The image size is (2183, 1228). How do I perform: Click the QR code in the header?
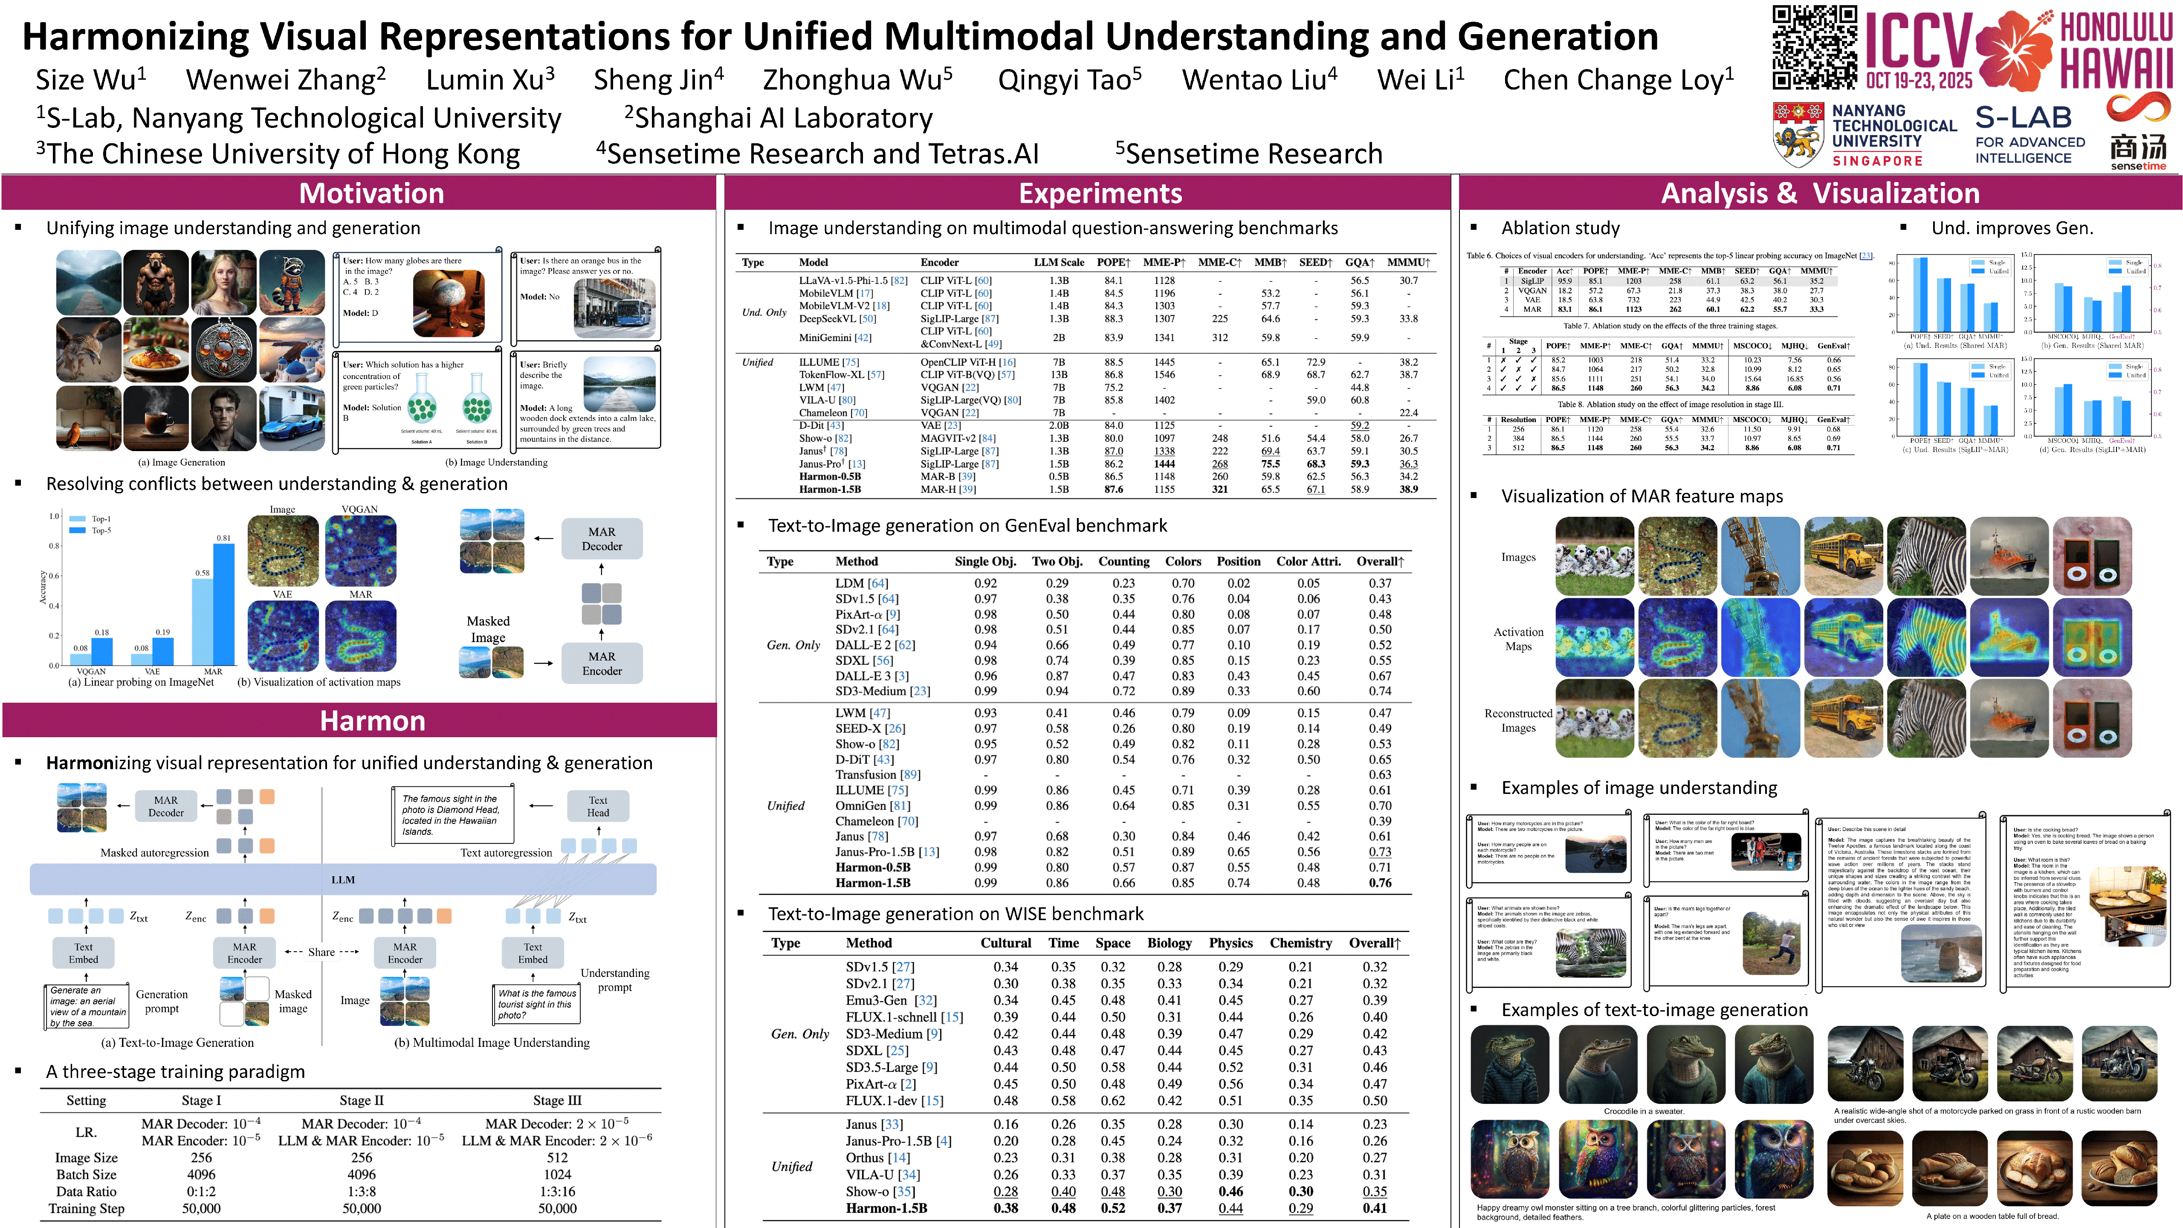pos(1813,47)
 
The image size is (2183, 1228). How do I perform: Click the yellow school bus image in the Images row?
pos(1843,556)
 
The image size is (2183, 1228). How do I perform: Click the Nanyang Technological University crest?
pos(1798,134)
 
